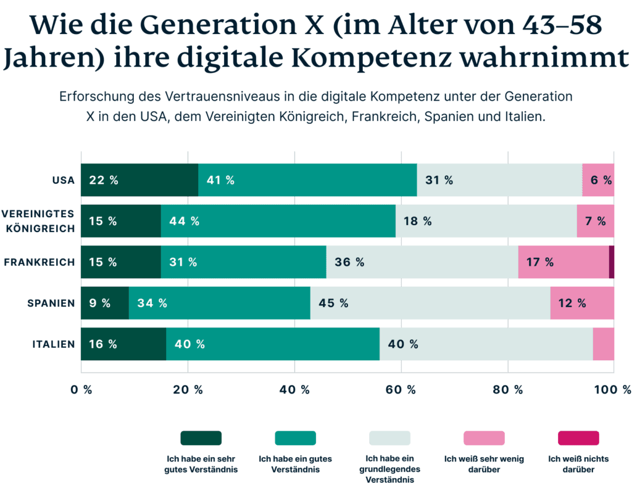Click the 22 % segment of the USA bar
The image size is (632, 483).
(139, 180)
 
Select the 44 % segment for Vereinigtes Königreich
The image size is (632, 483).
(278, 221)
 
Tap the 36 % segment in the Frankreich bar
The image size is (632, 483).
(422, 262)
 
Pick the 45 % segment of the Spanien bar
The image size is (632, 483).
(430, 303)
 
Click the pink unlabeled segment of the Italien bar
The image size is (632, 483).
(604, 344)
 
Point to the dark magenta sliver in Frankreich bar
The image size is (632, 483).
(612, 262)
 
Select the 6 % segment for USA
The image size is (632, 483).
(598, 180)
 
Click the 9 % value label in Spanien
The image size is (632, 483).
(100, 303)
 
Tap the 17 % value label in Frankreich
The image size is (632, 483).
(539, 262)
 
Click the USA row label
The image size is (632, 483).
(64, 180)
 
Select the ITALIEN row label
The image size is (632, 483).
(54, 344)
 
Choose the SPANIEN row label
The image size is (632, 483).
(51, 303)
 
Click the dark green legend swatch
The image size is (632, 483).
(201, 438)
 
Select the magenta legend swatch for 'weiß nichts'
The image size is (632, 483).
(578, 438)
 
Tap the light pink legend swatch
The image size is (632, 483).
(484, 438)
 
